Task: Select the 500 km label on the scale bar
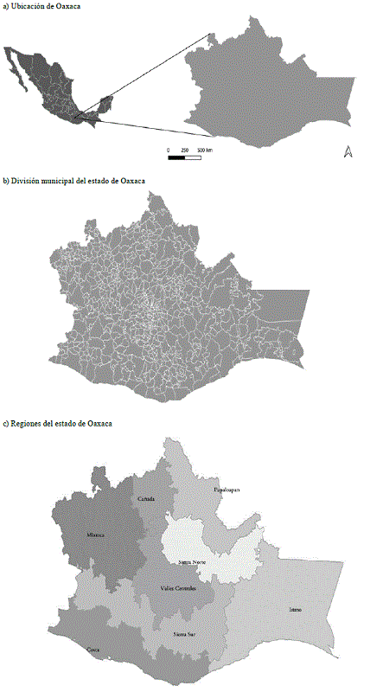pyautogui.click(x=204, y=150)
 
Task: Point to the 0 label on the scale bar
pyautogui.click(x=169, y=150)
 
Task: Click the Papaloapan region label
pyautogui.click(x=226, y=490)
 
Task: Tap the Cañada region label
pyautogui.click(x=147, y=500)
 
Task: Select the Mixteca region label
pyautogui.click(x=95, y=535)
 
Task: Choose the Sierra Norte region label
pyautogui.click(x=190, y=561)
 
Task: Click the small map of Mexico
pyautogui.click(x=56, y=86)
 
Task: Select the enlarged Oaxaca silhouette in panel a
pyautogui.click(x=268, y=86)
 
